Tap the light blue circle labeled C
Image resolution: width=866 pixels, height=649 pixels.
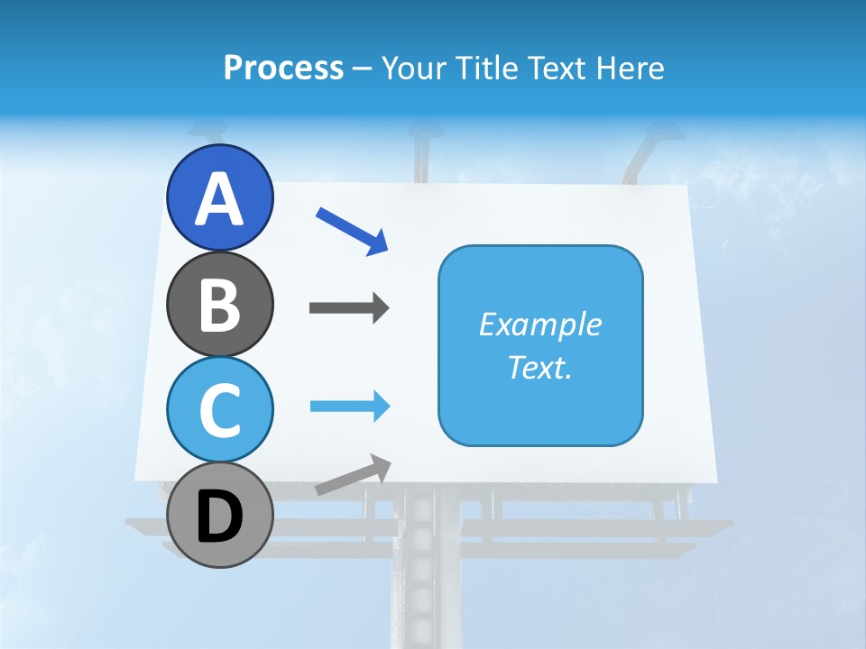(x=219, y=409)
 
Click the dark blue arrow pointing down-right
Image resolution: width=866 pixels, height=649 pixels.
(x=352, y=231)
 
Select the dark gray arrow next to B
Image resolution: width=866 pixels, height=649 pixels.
(x=349, y=308)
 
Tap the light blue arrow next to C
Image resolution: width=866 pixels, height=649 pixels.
(x=349, y=407)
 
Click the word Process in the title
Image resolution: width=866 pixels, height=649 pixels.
(x=283, y=68)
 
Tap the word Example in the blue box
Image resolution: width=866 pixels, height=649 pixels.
(x=540, y=324)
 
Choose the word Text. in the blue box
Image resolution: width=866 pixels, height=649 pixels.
(x=540, y=368)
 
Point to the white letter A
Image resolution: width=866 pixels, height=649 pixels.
(x=220, y=198)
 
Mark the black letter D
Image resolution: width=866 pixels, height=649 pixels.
(x=220, y=518)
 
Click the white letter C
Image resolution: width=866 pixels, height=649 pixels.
(x=220, y=410)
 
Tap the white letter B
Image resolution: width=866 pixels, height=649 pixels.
(x=220, y=305)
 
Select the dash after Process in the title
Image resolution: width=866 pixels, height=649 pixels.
(x=363, y=69)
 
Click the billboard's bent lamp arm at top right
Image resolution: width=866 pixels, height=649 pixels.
(x=642, y=153)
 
